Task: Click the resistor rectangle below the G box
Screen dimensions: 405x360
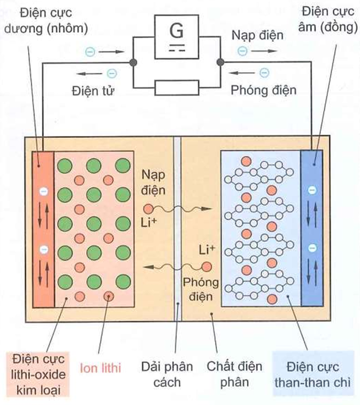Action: click(176, 87)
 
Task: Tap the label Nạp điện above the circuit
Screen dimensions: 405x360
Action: click(257, 36)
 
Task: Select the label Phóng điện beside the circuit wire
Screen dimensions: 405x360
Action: click(263, 90)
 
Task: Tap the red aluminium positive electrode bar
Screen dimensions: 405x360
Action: click(42, 229)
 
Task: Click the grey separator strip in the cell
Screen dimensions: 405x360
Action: click(177, 229)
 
